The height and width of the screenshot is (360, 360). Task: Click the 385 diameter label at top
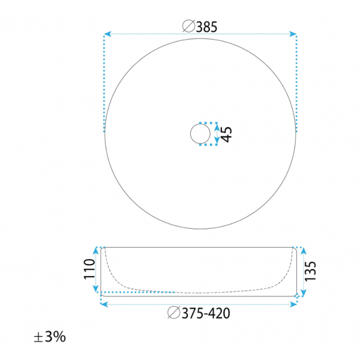[x=206, y=27]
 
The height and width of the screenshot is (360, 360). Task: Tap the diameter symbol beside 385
[x=189, y=26]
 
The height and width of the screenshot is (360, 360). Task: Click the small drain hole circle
[x=200, y=134]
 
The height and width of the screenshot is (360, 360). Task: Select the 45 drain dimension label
[x=226, y=134]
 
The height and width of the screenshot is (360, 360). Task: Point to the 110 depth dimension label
[x=89, y=269]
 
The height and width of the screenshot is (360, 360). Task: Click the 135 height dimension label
[x=310, y=271]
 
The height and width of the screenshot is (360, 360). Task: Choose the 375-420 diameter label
[x=206, y=313]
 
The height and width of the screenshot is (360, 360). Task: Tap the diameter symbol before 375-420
[x=174, y=313]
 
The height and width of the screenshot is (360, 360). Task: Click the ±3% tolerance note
[x=50, y=337]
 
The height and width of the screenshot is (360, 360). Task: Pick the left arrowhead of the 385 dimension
[x=107, y=34]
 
